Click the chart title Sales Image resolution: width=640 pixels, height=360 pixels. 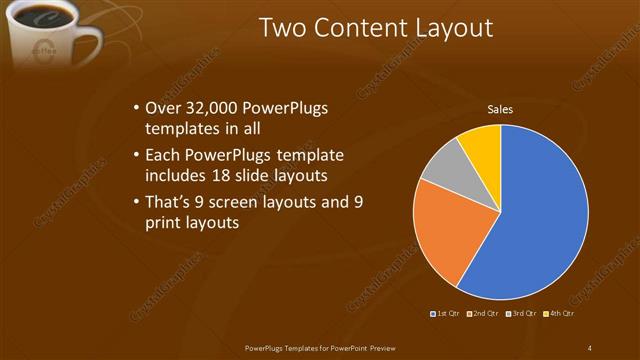500,109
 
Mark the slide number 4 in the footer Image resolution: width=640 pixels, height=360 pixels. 590,347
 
